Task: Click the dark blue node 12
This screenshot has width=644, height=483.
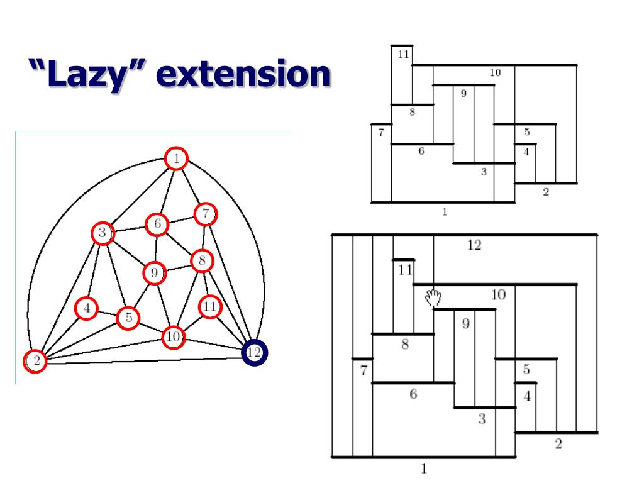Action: [254, 352]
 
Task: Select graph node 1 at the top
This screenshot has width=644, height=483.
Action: [177, 158]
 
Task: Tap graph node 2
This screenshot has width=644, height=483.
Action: [36, 361]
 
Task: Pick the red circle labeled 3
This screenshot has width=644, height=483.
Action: [102, 233]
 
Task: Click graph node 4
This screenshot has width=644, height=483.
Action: [87, 308]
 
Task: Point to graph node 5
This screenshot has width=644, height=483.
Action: [128, 318]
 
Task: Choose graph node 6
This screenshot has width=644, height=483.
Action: [157, 223]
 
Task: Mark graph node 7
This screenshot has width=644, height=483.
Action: [206, 214]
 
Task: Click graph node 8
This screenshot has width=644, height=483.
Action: [202, 260]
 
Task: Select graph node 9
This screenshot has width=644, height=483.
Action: [154, 273]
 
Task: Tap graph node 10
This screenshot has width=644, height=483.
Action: [173, 338]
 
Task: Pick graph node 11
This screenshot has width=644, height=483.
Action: [210, 307]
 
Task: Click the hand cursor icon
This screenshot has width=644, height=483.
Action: [433, 297]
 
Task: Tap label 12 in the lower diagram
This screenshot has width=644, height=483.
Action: [474, 245]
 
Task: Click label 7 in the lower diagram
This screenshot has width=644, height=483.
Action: [364, 370]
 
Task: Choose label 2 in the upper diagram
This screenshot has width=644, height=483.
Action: [546, 192]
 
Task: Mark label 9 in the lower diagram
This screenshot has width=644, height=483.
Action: [466, 323]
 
